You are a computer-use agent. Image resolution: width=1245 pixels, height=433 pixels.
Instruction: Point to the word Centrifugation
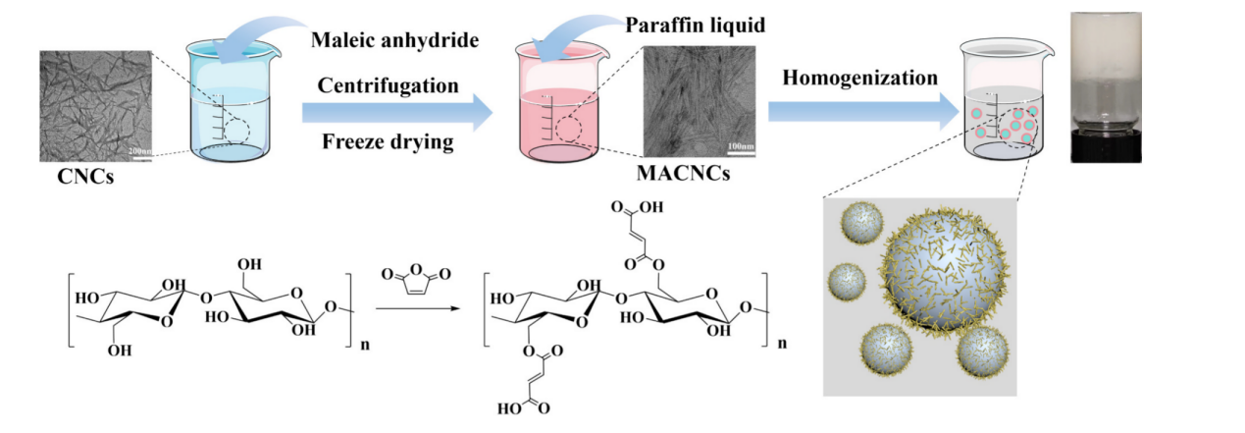click(389, 85)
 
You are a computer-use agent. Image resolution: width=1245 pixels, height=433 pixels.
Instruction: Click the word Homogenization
click(859, 78)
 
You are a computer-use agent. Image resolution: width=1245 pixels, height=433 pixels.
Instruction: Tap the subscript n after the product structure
click(782, 345)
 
